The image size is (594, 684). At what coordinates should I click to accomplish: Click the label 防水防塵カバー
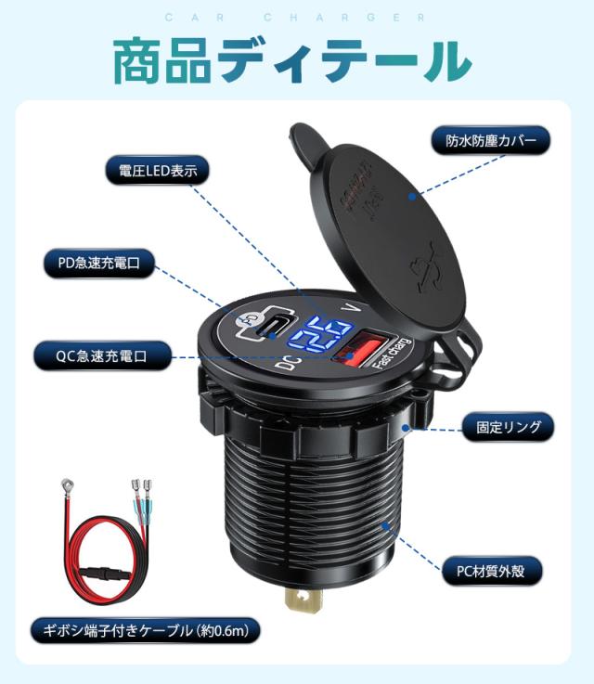(491, 142)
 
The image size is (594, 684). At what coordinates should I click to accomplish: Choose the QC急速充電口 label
(103, 354)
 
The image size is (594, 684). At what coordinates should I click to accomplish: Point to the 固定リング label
(508, 427)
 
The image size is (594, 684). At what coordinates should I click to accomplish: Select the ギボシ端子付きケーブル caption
(140, 631)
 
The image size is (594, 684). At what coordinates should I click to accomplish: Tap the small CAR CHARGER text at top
(297, 17)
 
